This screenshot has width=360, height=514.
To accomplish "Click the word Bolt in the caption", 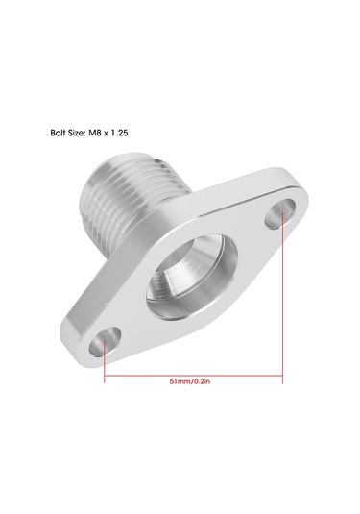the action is coord(58,133).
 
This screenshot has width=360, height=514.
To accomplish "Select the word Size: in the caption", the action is coord(77,133).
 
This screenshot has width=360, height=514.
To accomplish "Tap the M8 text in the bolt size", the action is coord(95,133).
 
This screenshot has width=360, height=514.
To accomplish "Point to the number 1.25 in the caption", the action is coord(119,133).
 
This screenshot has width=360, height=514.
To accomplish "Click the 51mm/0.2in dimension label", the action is coord(190,381).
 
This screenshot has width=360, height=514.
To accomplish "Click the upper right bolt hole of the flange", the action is coord(280,213).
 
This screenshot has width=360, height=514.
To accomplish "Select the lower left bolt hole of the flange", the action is coord(106,342).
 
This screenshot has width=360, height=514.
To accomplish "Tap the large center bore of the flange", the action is coord(192,277).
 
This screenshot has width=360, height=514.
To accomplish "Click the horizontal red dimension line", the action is coord(193,376).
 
